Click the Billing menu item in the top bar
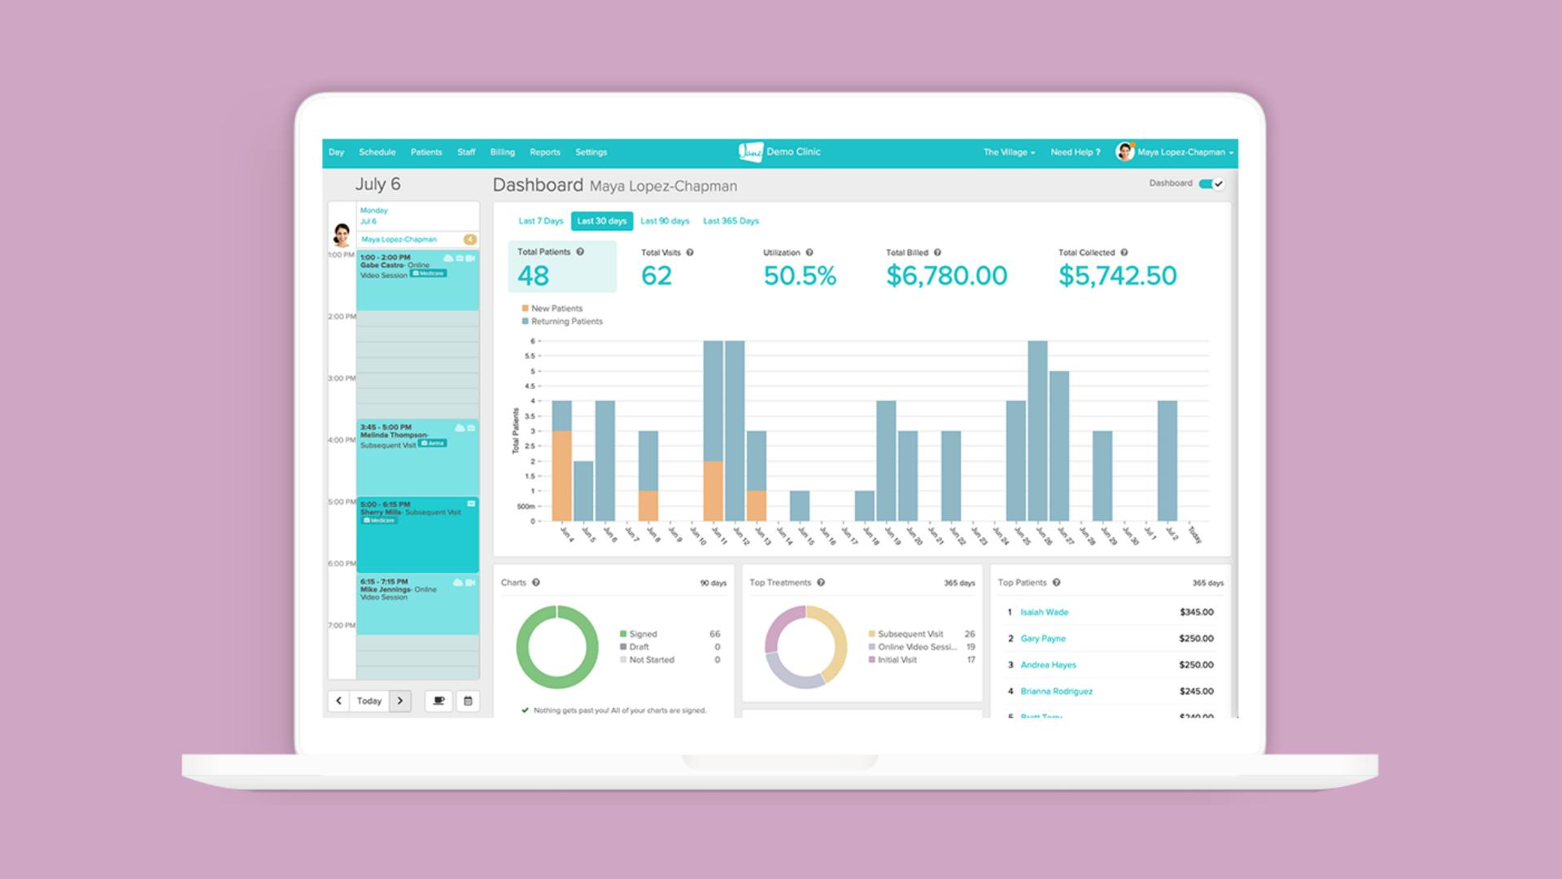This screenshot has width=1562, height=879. (502, 152)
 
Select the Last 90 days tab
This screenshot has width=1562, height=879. (664, 221)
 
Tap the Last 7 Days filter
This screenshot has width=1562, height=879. (540, 221)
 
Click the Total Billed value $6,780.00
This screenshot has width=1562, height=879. (946, 276)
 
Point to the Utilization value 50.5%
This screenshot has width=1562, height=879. (800, 276)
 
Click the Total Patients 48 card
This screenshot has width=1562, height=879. (561, 266)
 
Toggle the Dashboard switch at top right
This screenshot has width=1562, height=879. (1211, 184)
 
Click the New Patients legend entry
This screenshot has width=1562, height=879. (556, 308)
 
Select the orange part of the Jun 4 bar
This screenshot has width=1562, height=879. (561, 476)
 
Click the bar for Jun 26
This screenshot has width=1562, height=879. (1037, 431)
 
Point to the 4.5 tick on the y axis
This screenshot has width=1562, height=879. (530, 386)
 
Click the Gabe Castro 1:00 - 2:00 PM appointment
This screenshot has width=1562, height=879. (417, 280)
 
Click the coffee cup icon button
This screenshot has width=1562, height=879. (438, 701)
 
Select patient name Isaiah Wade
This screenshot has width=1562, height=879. (1044, 612)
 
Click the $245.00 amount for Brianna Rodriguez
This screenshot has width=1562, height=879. (1196, 691)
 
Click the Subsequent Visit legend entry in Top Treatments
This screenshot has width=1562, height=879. (910, 634)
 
